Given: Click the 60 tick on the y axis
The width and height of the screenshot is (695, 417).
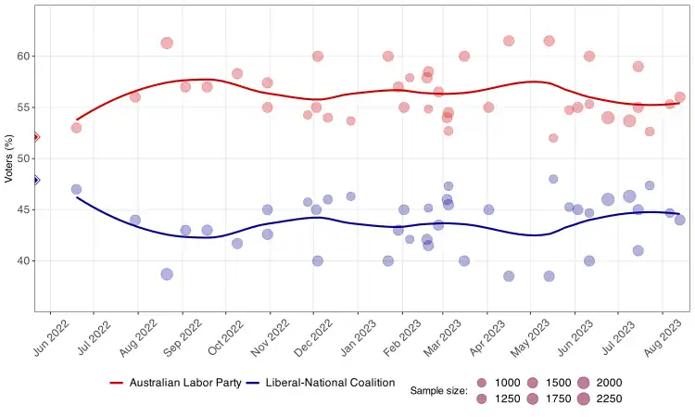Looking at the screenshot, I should click(x=23, y=57).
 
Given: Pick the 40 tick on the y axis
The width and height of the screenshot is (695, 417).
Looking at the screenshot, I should click(x=23, y=261).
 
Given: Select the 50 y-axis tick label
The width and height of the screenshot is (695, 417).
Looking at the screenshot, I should click(x=23, y=158).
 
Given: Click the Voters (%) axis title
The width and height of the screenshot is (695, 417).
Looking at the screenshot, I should click(x=9, y=158).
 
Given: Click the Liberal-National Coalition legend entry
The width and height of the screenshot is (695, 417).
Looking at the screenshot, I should click(x=330, y=383).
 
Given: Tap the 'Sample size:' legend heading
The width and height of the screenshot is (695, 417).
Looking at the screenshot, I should click(x=438, y=391).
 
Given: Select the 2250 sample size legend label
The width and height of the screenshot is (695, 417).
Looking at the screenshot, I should click(x=609, y=399).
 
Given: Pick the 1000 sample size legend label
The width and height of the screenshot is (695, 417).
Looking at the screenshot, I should click(x=508, y=383).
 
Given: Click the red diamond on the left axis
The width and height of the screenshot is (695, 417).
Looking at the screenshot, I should click(x=35, y=137).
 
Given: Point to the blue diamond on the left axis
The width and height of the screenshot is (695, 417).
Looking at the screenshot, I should click(x=35, y=180).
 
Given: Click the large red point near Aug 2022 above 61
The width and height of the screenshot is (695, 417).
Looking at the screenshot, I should click(x=167, y=43).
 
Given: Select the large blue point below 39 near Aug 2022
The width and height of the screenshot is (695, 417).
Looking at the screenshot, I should click(x=167, y=274).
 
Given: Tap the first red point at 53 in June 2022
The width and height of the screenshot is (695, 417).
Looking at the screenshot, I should click(x=76, y=128).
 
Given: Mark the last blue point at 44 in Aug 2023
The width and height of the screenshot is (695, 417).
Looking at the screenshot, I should click(x=679, y=220).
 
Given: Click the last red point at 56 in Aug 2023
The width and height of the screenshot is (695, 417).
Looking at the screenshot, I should click(x=679, y=97).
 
